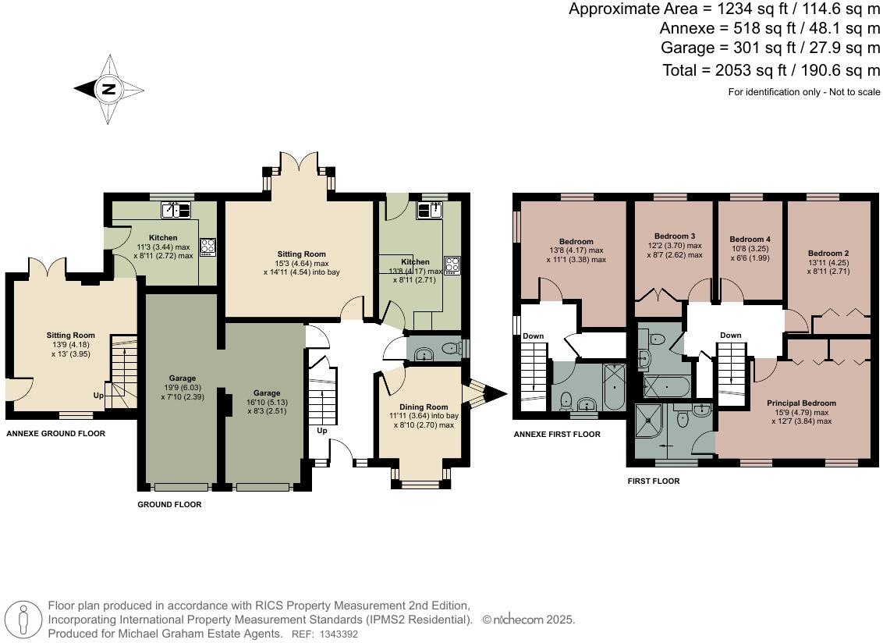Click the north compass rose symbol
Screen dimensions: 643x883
coord(108,89)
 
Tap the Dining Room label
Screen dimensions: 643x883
coord(424,407)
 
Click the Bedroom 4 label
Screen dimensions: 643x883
coord(750,239)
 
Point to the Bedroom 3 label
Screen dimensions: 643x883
coord(674,236)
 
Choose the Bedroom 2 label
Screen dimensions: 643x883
coord(828,253)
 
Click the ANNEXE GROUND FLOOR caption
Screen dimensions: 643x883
coord(55,433)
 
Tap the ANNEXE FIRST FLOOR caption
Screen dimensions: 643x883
coord(556,434)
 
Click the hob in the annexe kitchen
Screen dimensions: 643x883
coord(208,247)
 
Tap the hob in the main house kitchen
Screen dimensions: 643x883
coord(452,264)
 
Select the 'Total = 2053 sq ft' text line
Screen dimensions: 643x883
coord(771,70)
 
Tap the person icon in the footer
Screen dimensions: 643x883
coord(24,620)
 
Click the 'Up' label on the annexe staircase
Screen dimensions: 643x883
coord(99,396)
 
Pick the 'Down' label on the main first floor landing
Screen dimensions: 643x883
coord(730,336)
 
